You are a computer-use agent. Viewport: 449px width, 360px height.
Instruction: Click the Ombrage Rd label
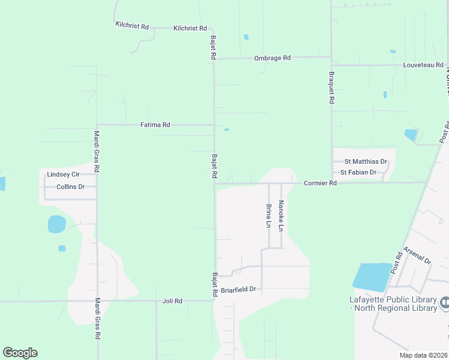tap(273, 58)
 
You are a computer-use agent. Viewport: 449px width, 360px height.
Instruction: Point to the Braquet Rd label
tap(331, 88)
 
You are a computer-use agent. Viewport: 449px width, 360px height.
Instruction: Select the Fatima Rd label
tap(155, 125)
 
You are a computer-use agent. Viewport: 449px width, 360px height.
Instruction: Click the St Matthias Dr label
tap(366, 162)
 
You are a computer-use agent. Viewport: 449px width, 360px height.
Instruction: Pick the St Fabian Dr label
tap(358, 172)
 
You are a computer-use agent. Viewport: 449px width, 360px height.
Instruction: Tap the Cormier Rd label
tap(320, 183)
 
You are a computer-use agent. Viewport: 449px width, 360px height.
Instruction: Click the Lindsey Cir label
tap(63, 175)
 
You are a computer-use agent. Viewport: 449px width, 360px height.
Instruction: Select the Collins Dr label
tap(71, 187)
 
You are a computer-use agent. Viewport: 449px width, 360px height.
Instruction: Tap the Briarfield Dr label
tap(238, 289)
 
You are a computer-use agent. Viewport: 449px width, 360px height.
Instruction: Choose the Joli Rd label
tap(172, 301)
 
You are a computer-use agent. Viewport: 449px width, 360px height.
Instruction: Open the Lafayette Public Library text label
tap(393, 304)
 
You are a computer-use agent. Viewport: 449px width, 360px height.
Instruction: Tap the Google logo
tap(20, 353)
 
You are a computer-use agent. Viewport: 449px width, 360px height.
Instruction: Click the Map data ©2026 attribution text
tap(423, 355)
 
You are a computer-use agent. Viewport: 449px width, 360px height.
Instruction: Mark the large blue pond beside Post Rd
tap(372, 277)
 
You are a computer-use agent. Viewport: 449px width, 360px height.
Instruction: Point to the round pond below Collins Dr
tap(56, 224)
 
